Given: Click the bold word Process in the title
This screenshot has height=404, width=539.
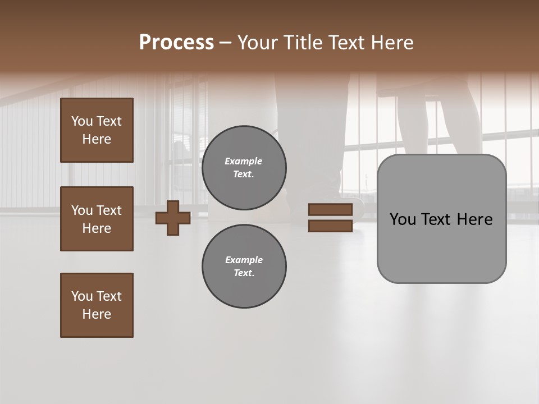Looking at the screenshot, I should click(176, 43).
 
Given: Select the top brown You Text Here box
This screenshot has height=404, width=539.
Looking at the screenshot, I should click(97, 130).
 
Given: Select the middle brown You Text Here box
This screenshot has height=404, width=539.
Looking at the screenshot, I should click(97, 219).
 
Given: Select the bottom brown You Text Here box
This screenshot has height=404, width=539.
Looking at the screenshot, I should click(97, 305).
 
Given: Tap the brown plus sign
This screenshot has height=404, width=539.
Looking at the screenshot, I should click(173, 218).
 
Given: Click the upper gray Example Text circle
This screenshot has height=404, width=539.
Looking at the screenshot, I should click(244, 168).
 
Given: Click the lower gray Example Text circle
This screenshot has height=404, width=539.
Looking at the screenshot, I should click(244, 267).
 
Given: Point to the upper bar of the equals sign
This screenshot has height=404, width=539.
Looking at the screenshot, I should click(330, 210).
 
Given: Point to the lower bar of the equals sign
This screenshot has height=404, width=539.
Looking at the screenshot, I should click(330, 226).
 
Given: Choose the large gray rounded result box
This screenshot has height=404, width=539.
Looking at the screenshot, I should click(441, 247).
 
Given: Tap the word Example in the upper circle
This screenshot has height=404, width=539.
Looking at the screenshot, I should click(243, 162).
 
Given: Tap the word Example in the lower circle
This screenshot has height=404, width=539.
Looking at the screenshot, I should click(243, 260).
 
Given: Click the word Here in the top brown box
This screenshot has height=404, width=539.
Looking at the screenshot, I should click(97, 139).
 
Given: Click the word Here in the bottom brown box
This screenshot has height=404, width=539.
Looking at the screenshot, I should click(97, 314).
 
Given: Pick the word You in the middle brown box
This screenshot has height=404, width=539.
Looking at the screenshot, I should click(82, 210).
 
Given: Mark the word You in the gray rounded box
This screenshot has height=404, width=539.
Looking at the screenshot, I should click(403, 219).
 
